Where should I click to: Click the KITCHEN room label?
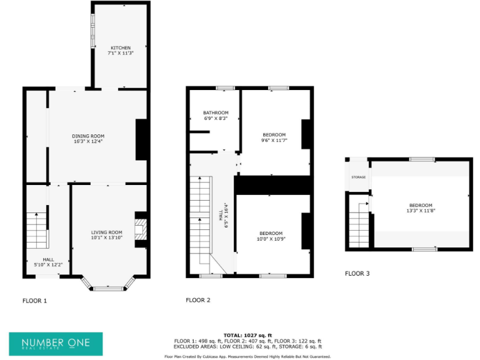(x=121, y=47)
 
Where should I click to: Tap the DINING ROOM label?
(x=87, y=136)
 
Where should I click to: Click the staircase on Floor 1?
(x=37, y=231)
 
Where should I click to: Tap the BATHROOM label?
(x=216, y=112)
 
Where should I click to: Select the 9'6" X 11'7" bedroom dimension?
(x=274, y=141)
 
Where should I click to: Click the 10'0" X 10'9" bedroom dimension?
(x=271, y=239)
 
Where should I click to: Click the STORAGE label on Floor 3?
(x=358, y=177)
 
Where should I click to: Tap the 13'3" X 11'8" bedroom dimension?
(x=421, y=211)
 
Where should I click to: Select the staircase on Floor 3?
(x=359, y=225)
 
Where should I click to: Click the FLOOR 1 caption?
(x=35, y=301)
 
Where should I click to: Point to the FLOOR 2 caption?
(x=198, y=300)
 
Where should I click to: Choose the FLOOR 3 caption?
(x=357, y=273)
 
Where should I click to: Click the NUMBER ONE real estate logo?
(x=56, y=344)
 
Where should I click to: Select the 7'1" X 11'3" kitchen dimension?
(x=121, y=53)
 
